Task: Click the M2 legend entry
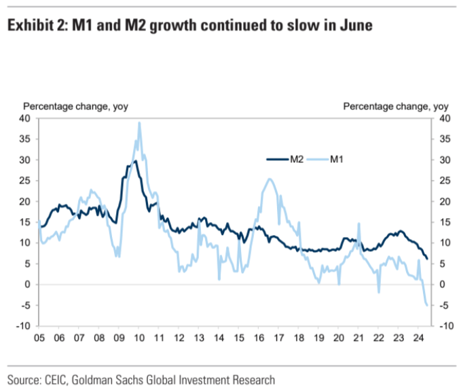click(284, 159)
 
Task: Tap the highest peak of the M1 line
click(139, 123)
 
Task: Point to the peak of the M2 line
click(135, 160)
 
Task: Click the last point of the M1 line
click(426, 305)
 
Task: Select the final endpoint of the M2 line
click(426, 259)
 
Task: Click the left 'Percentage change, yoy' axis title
click(76, 106)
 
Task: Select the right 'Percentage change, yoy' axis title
click(396, 106)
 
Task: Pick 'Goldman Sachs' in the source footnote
click(115, 378)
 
